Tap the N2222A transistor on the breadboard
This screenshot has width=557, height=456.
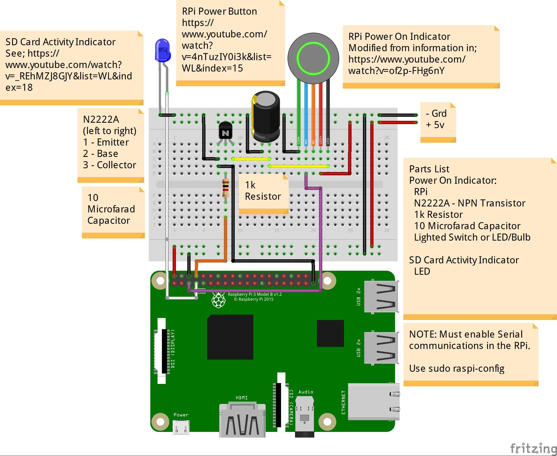pos(225,131)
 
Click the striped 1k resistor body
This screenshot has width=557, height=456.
pos(226,188)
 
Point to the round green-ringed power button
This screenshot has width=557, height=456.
pos(313,58)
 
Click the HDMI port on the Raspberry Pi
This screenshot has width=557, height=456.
pos(242,420)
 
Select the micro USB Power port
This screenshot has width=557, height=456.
pos(181,428)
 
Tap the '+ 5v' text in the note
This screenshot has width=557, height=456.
pos(435,125)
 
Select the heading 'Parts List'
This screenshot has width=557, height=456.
pos(429,169)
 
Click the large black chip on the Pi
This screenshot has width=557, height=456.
pos(230,337)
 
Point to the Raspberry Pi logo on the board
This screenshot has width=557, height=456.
pos(218,300)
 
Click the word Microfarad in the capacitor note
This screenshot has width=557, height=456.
pos(111,209)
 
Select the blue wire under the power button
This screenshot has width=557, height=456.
pos(306,114)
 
